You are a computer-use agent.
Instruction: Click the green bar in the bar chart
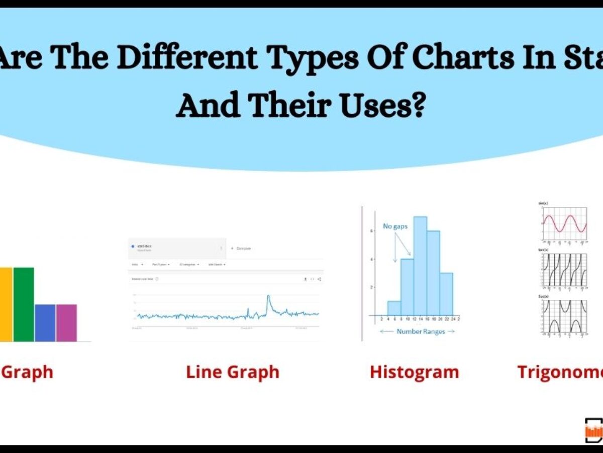point(24,304)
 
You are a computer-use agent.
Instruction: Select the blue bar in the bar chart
point(45,323)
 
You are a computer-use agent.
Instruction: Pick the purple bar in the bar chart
point(66,323)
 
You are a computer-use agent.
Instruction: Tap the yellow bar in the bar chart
point(6,304)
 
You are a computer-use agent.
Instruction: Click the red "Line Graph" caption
point(233,372)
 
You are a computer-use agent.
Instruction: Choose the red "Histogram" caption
point(414,372)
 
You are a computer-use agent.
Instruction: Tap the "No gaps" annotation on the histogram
point(395,226)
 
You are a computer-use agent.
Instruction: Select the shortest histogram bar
point(394,308)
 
